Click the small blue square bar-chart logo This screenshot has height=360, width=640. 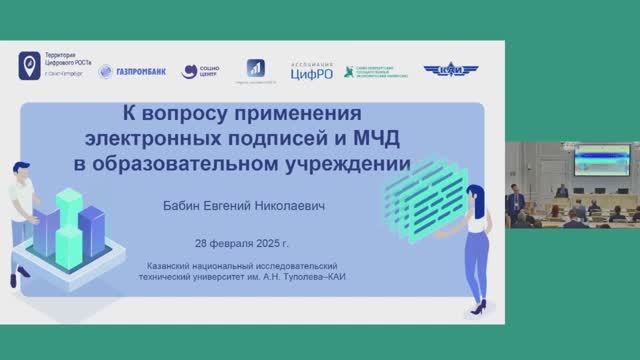tap(255, 69)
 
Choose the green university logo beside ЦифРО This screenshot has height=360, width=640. tap(377, 70)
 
